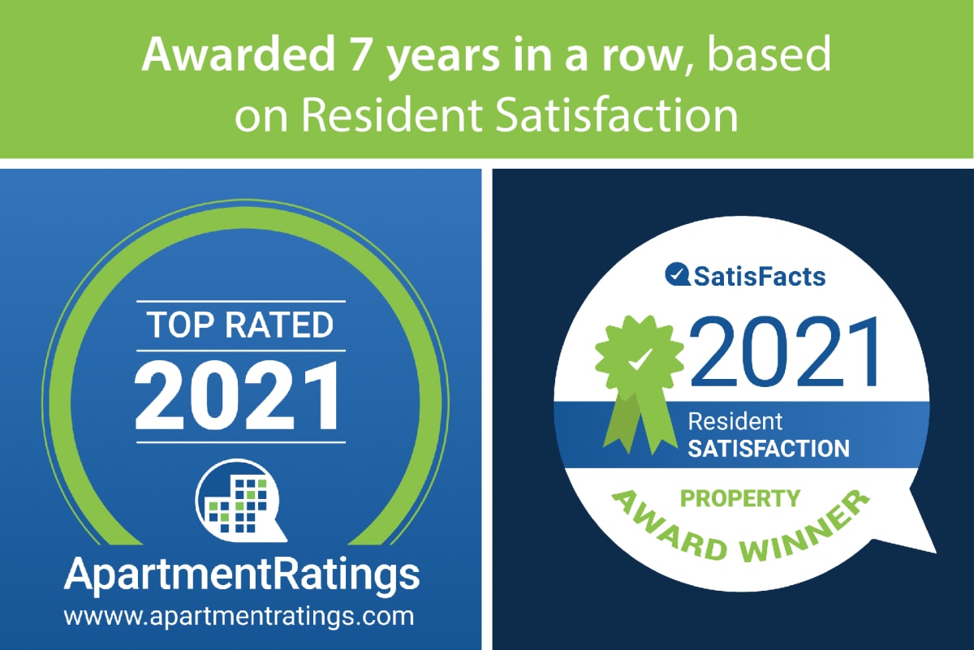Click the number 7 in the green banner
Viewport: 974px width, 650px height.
point(360,55)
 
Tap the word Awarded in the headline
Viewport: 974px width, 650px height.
point(238,54)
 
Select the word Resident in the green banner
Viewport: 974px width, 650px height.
point(392,114)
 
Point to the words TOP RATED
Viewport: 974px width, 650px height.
point(240,325)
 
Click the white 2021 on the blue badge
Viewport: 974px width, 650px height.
point(238,397)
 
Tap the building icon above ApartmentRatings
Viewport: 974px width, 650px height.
point(240,501)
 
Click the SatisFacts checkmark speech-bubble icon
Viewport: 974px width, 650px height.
point(678,275)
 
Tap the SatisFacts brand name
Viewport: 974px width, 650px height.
point(759,277)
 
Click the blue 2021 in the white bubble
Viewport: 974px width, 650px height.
point(784,352)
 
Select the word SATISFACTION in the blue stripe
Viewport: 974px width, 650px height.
point(769,449)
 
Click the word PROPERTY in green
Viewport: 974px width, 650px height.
point(740,499)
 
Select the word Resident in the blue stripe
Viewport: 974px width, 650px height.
point(735,421)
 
